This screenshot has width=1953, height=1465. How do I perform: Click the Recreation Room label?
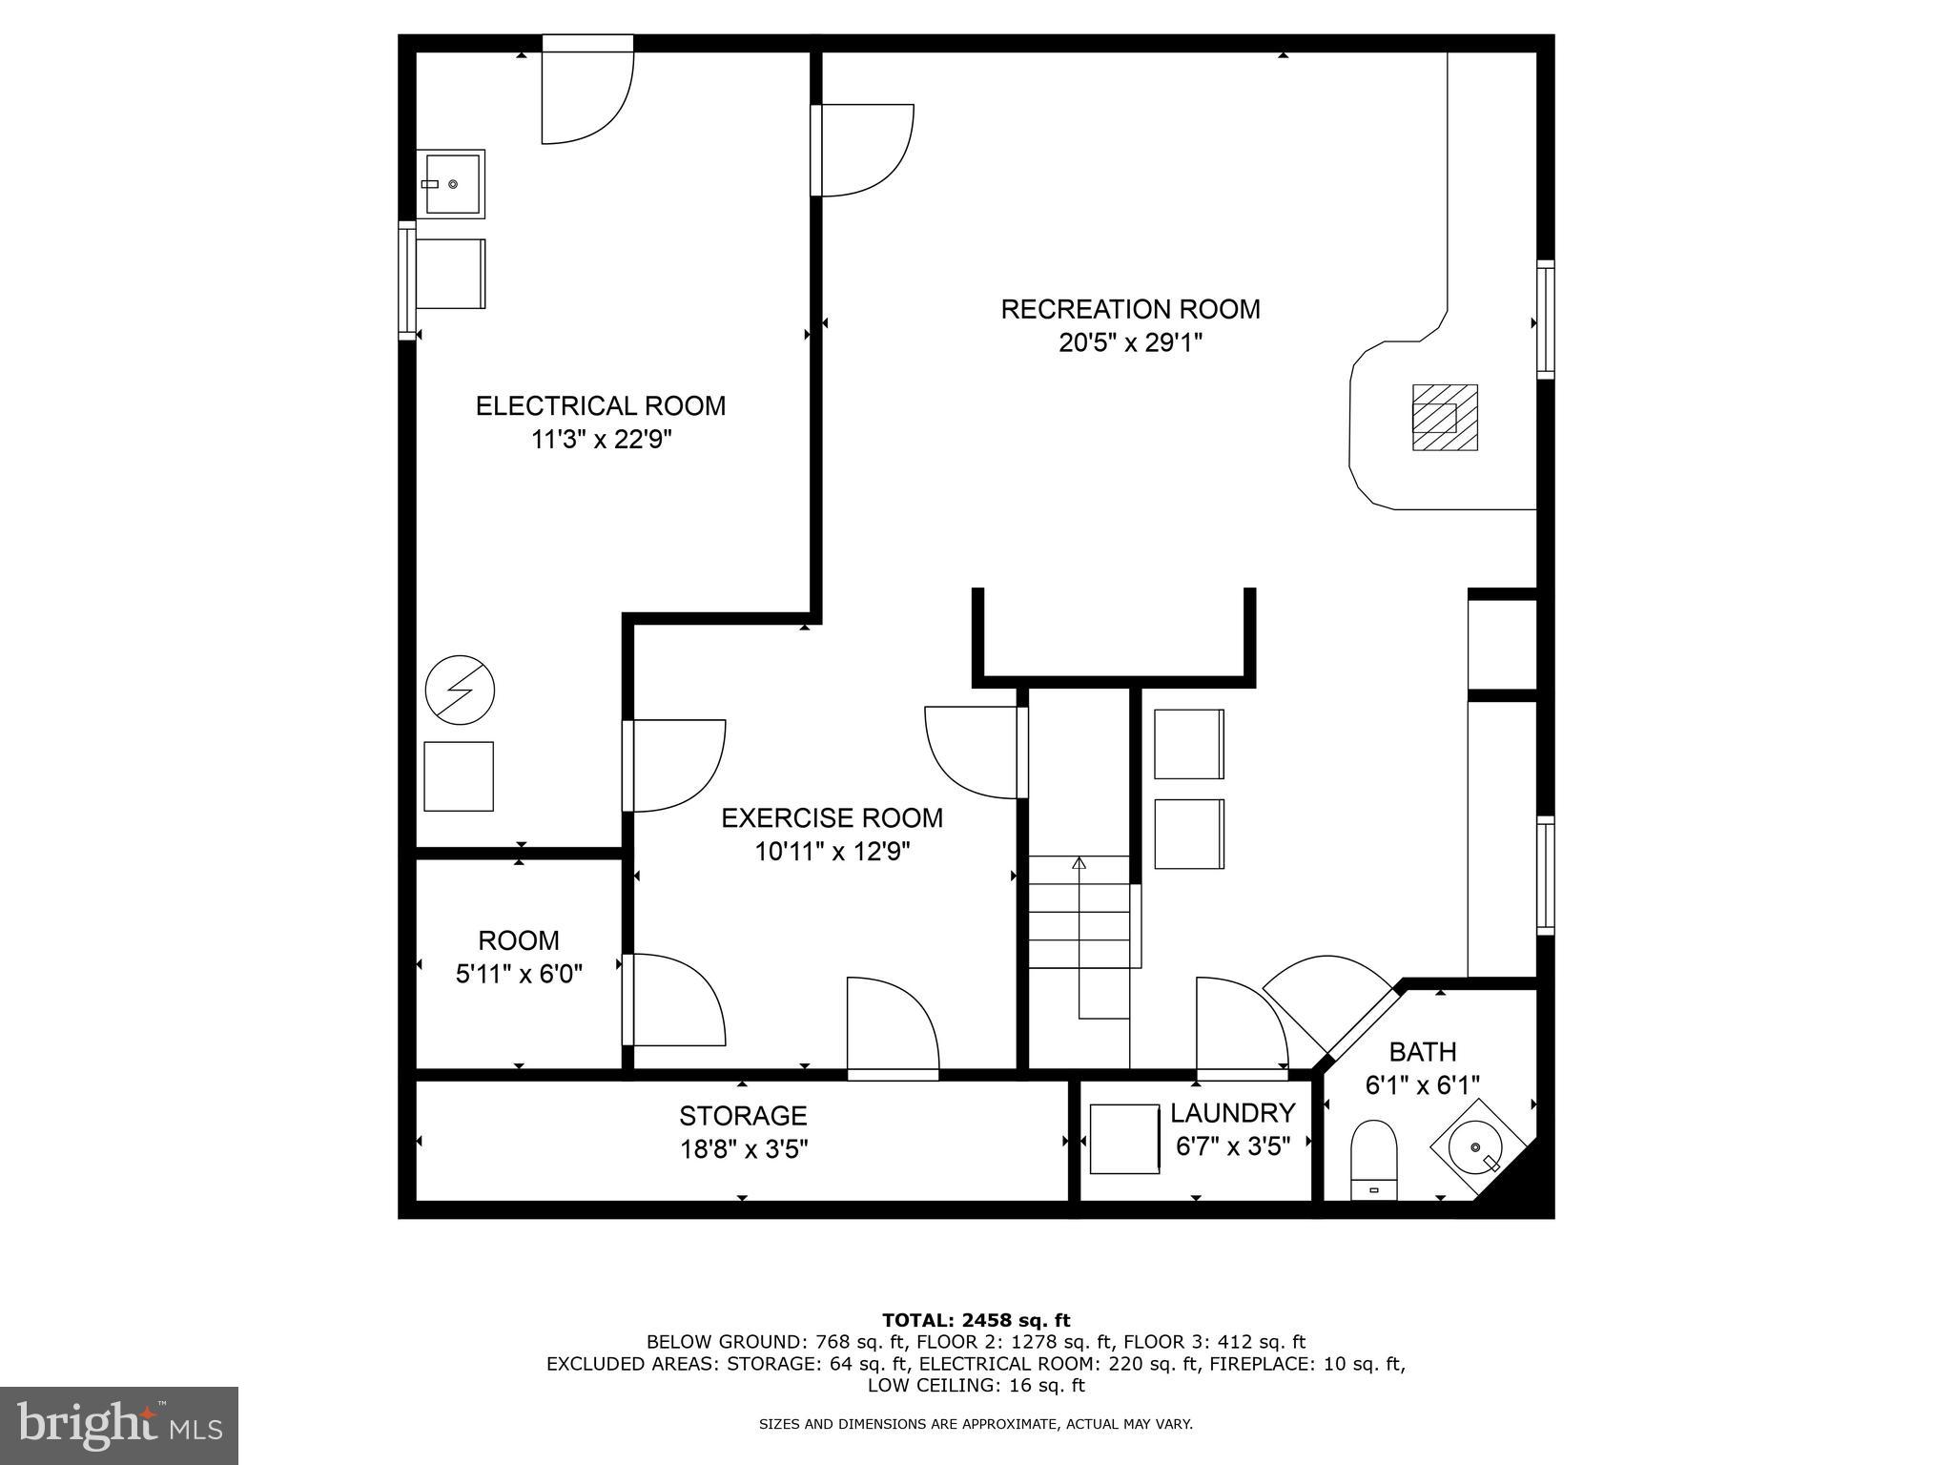coord(1130,309)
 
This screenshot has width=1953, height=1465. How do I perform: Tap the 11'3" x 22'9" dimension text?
coord(602,440)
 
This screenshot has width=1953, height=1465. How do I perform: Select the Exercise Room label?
coord(832,818)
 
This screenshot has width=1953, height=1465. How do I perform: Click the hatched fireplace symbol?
coord(1444,418)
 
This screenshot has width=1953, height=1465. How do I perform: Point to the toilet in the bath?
coord(1374,1158)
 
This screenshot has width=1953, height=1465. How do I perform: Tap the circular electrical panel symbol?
coord(460,690)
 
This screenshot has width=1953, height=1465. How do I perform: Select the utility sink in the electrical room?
coord(454,183)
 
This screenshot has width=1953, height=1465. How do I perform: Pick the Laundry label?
coord(1232,1113)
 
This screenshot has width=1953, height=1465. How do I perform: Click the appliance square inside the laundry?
coord(1124,1139)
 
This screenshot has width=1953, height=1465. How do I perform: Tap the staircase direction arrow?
coord(1079,864)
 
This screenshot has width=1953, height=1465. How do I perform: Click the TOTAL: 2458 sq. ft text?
coord(976,1320)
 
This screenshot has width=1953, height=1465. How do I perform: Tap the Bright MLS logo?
coord(119,1427)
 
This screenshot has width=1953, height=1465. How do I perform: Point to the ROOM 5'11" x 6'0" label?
coord(519,957)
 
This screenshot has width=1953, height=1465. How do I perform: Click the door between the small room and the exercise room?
coord(672,1000)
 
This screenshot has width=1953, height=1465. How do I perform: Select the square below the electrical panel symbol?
coord(459,776)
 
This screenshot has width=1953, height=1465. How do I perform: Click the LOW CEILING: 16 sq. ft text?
coord(976,1385)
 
